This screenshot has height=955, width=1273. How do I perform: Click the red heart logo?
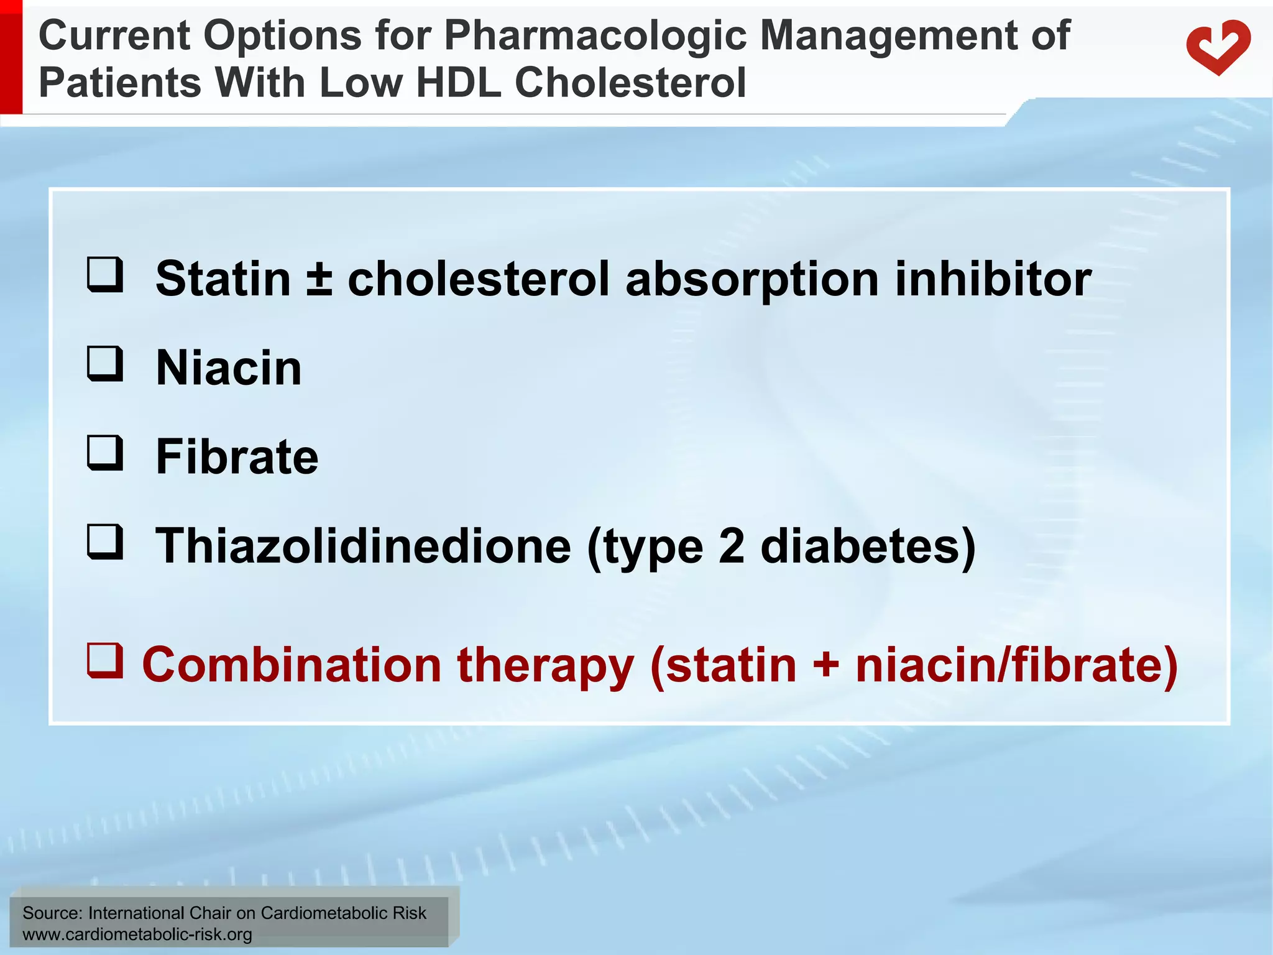click(1218, 47)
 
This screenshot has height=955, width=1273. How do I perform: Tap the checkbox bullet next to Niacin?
click(104, 364)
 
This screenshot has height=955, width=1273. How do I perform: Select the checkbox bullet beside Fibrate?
click(104, 453)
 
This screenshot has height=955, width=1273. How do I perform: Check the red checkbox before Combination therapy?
click(104, 660)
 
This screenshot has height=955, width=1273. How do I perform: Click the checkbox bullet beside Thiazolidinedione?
click(104, 542)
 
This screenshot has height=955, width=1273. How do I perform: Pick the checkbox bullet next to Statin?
click(104, 274)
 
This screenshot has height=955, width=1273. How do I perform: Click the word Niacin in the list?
click(228, 368)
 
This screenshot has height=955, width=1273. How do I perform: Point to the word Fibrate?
click(237, 457)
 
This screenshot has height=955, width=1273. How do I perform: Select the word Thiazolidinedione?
click(363, 546)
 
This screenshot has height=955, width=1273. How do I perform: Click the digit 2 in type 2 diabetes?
click(731, 546)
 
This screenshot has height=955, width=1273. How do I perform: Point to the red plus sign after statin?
click(825, 665)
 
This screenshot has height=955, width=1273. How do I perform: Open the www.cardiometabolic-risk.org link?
click(137, 934)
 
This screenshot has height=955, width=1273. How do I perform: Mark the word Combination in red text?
click(292, 665)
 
